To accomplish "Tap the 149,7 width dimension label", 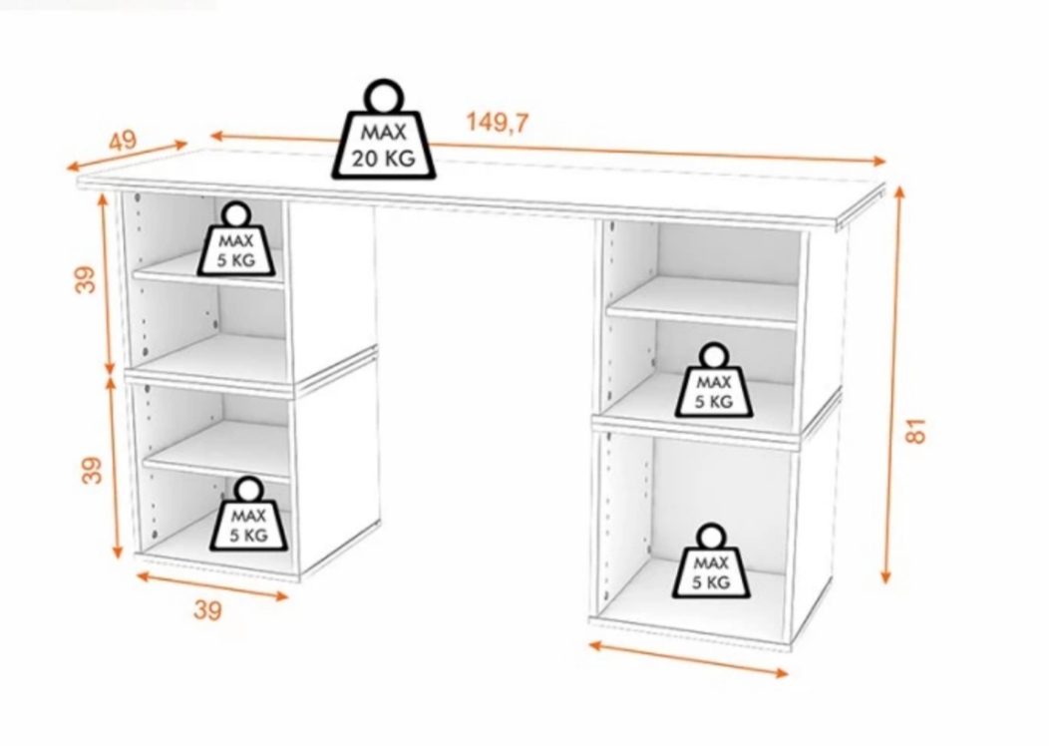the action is [497, 123].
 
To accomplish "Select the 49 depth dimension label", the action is [123, 141].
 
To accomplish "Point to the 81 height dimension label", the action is [915, 430].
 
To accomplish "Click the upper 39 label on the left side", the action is [86, 279].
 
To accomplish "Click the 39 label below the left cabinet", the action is [207, 610].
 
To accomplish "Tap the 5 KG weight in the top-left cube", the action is [236, 240].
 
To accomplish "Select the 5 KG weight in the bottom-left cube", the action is [249, 514].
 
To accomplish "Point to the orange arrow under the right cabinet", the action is [688, 659].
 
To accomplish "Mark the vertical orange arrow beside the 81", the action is [893, 385].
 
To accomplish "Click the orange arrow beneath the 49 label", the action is [127, 155].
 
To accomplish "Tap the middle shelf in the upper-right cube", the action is [702, 301].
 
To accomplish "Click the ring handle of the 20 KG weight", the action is [384, 97].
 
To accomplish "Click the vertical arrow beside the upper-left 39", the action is [107, 284].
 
